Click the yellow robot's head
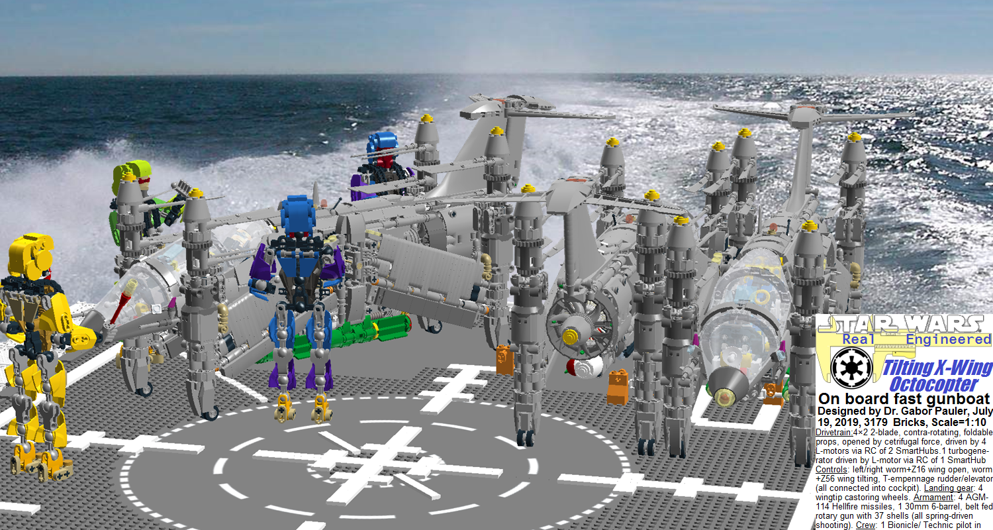click(31, 256)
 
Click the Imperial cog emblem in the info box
click(851, 368)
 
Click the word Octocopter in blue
click(934, 384)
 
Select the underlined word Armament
click(933, 497)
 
